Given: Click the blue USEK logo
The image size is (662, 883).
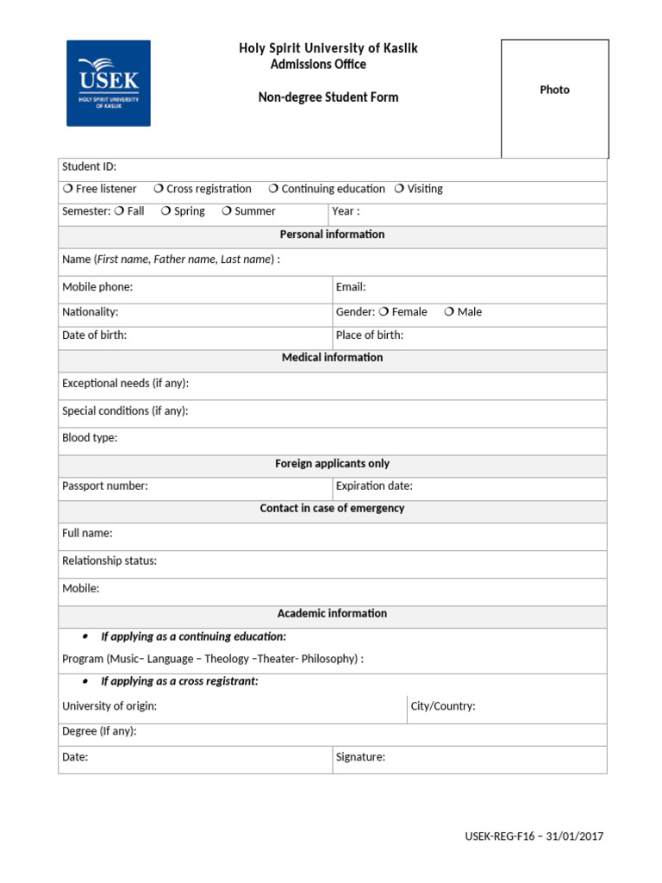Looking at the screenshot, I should pyautogui.click(x=109, y=83).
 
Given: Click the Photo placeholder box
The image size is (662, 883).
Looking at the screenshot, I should pyautogui.click(x=554, y=98).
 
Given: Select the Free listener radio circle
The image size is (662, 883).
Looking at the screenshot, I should pyautogui.click(x=67, y=189).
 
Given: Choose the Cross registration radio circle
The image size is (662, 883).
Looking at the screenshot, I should pyautogui.click(x=159, y=189).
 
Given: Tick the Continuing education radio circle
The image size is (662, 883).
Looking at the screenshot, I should pyautogui.click(x=273, y=189).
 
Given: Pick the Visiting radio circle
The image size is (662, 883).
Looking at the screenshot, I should pyautogui.click(x=399, y=189).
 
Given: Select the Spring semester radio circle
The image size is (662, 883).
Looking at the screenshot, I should pyautogui.click(x=165, y=211).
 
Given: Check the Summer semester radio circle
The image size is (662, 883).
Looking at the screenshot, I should pyautogui.click(x=227, y=211).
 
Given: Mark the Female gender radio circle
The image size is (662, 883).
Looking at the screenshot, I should pyautogui.click(x=384, y=312).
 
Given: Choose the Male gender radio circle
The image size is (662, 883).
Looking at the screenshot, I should pyautogui.click(x=449, y=312).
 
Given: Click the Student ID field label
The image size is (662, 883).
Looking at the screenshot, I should pyautogui.click(x=89, y=166).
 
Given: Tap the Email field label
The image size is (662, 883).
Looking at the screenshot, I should pyautogui.click(x=351, y=287).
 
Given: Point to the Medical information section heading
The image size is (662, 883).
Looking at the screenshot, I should pyautogui.click(x=332, y=358).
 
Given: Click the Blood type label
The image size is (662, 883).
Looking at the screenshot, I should pyautogui.click(x=90, y=438).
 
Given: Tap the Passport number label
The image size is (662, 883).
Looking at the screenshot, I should pyautogui.click(x=105, y=486).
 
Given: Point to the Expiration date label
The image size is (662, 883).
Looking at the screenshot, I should pyautogui.click(x=374, y=486).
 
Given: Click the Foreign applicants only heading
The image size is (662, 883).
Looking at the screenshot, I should pyautogui.click(x=332, y=464).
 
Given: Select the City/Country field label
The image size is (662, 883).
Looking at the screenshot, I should pyautogui.click(x=443, y=706).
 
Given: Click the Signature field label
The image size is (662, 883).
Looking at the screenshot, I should pyautogui.click(x=360, y=758).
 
